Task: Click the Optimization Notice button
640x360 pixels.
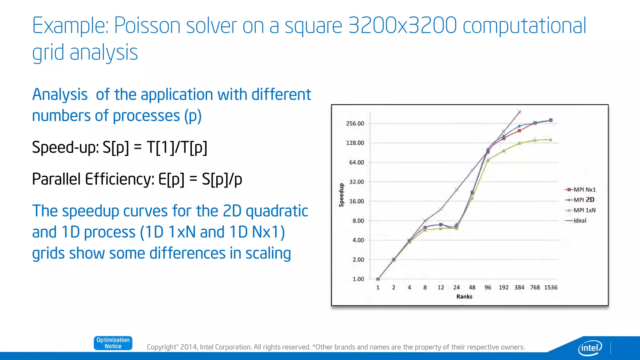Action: (113, 343)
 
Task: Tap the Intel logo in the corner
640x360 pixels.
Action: (590, 347)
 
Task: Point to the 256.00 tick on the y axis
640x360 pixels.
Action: (355, 123)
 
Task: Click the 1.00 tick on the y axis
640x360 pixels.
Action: (358, 279)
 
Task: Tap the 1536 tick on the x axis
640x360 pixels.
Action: (551, 287)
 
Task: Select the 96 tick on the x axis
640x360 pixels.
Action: (488, 287)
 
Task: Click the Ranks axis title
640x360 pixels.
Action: (464, 297)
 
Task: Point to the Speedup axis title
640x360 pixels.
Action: (342, 195)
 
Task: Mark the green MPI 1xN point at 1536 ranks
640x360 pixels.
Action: (551, 140)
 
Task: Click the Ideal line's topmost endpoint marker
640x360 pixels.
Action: (519, 112)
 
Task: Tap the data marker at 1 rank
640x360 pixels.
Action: (378, 279)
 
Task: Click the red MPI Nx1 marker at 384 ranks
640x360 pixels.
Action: (519, 131)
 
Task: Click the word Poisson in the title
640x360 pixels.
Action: (147, 26)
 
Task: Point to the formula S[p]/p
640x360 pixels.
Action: (222, 179)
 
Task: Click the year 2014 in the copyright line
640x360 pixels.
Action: (188, 347)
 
